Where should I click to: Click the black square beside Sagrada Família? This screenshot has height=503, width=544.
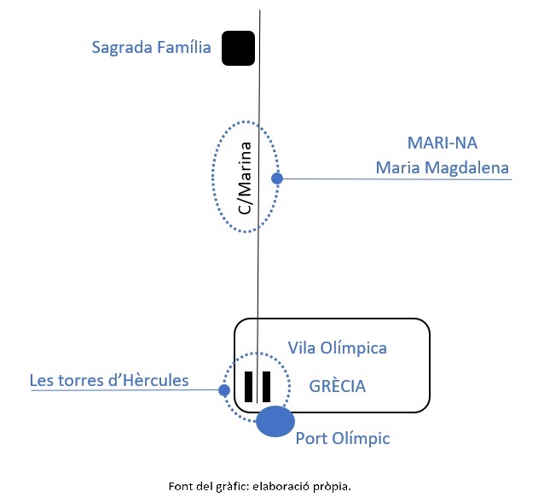coord(239,48)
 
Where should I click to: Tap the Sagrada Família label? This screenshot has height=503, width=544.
coord(151,48)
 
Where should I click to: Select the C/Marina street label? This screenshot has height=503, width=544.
coord(245,178)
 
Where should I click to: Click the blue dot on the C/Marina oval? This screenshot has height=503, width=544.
coord(276,178)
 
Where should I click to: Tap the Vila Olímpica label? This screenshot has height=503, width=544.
coord(338,348)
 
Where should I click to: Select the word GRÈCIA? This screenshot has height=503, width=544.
coord(338,386)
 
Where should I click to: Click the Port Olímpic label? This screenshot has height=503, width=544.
coord(343,438)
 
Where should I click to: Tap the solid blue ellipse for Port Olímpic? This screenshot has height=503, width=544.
coord(275,421)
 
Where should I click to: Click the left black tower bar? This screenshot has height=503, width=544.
coord(249,386)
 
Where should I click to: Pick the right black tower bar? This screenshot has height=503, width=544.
coord(267,386)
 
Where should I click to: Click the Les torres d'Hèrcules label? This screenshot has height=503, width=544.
coord(109,380)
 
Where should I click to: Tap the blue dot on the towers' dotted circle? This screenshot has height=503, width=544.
coord(223,390)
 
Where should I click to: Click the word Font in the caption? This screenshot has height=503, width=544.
coord(180,487)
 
